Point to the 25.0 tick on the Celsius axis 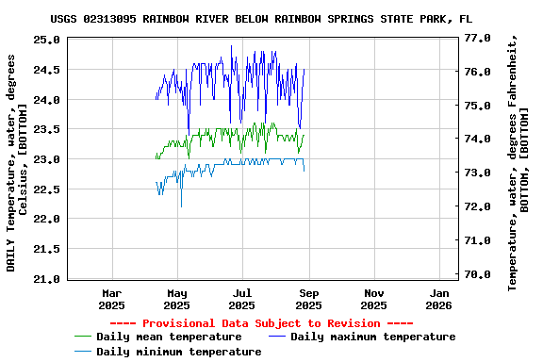[46, 40]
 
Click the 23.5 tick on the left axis [46, 129]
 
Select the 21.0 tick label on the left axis [46, 279]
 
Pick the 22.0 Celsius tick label [46, 219]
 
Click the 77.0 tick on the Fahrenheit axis [478, 39]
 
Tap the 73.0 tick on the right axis [478, 173]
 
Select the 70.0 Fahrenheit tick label [478, 274]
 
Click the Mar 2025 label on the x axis [111, 299]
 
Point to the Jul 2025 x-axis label [242, 299]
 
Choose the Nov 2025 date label [373, 299]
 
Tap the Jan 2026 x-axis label [439, 299]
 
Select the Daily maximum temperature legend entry [372, 337]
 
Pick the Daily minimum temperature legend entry [178, 352]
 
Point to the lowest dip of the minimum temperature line [181, 206]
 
